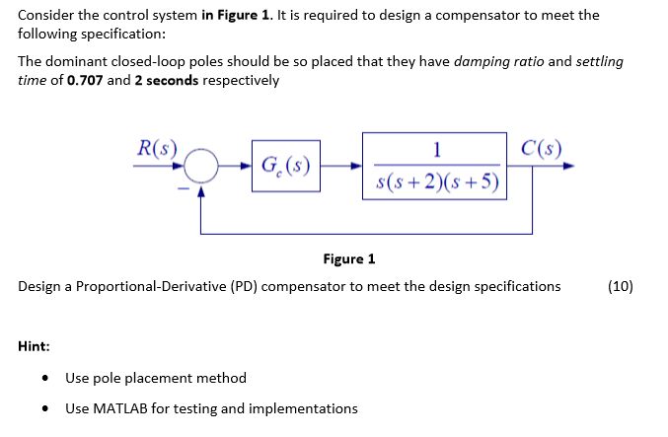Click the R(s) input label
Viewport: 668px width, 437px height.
(x=155, y=150)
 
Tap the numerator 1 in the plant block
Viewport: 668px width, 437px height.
(x=435, y=149)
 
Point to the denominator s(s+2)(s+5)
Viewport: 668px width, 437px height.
(x=437, y=182)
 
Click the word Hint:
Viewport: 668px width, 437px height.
(x=35, y=346)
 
